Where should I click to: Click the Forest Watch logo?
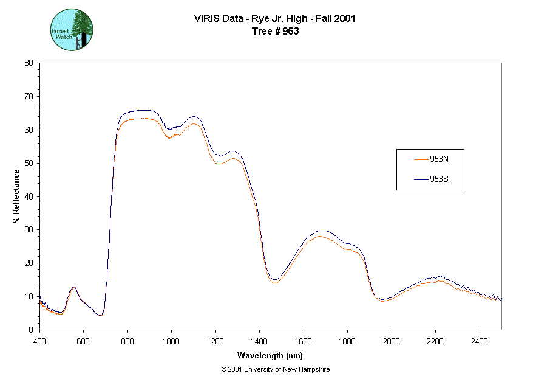(72, 29)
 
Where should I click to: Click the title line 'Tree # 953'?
(275, 31)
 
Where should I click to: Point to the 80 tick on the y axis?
(28, 63)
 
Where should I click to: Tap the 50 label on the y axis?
(28, 163)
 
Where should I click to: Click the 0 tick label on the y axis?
(30, 330)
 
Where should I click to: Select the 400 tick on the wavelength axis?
(39, 341)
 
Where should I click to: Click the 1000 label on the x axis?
(171, 341)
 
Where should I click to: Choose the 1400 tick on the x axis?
(259, 341)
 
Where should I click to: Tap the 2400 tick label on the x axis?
(479, 341)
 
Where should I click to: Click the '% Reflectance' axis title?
(16, 196)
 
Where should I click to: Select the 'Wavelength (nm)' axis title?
(270, 355)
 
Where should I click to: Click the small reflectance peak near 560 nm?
(74, 287)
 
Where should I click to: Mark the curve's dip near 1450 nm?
(274, 280)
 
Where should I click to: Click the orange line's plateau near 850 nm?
(140, 119)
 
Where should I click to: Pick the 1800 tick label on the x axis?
(347, 341)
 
